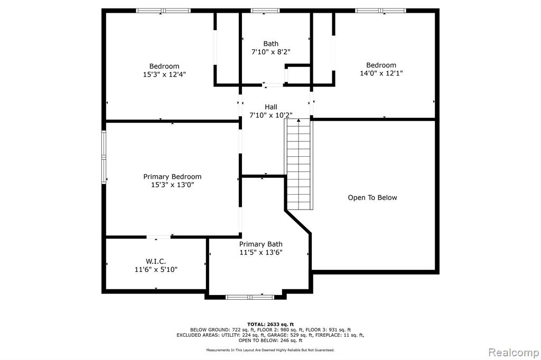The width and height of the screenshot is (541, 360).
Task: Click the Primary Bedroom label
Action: tap(172, 176)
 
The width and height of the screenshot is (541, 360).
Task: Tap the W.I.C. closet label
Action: tap(156, 261)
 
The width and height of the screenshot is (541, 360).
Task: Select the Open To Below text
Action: tap(372, 197)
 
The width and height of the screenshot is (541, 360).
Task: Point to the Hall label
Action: tap(271, 107)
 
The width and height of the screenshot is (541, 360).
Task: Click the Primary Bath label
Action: tap(261, 244)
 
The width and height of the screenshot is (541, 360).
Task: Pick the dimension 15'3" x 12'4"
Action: tap(164, 74)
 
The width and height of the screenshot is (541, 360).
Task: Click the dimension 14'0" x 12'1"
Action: tap(381, 73)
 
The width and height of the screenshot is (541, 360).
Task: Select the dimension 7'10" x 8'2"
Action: tap(271, 52)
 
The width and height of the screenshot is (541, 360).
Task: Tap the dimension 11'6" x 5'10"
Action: tap(156, 269)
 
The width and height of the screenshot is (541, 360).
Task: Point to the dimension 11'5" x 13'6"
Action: tap(261, 252)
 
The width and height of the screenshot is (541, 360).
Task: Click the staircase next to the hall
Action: tap(299, 164)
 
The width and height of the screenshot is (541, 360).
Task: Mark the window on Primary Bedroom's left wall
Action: tap(104, 157)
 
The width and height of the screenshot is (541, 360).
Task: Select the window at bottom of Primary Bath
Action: tap(250, 297)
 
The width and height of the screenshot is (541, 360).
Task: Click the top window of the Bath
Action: tap(265, 11)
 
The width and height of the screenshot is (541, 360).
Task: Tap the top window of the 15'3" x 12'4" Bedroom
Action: tap(163, 11)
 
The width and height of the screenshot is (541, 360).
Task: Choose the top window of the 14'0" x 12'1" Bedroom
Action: tap(380, 11)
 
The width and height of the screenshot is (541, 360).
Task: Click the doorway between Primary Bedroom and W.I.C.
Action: tap(158, 237)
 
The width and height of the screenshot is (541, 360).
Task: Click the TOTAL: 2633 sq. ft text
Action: tap(270, 324)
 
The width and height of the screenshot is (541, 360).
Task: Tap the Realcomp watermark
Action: tap(514, 353)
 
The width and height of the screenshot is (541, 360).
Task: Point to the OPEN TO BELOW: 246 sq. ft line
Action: tap(270, 340)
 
